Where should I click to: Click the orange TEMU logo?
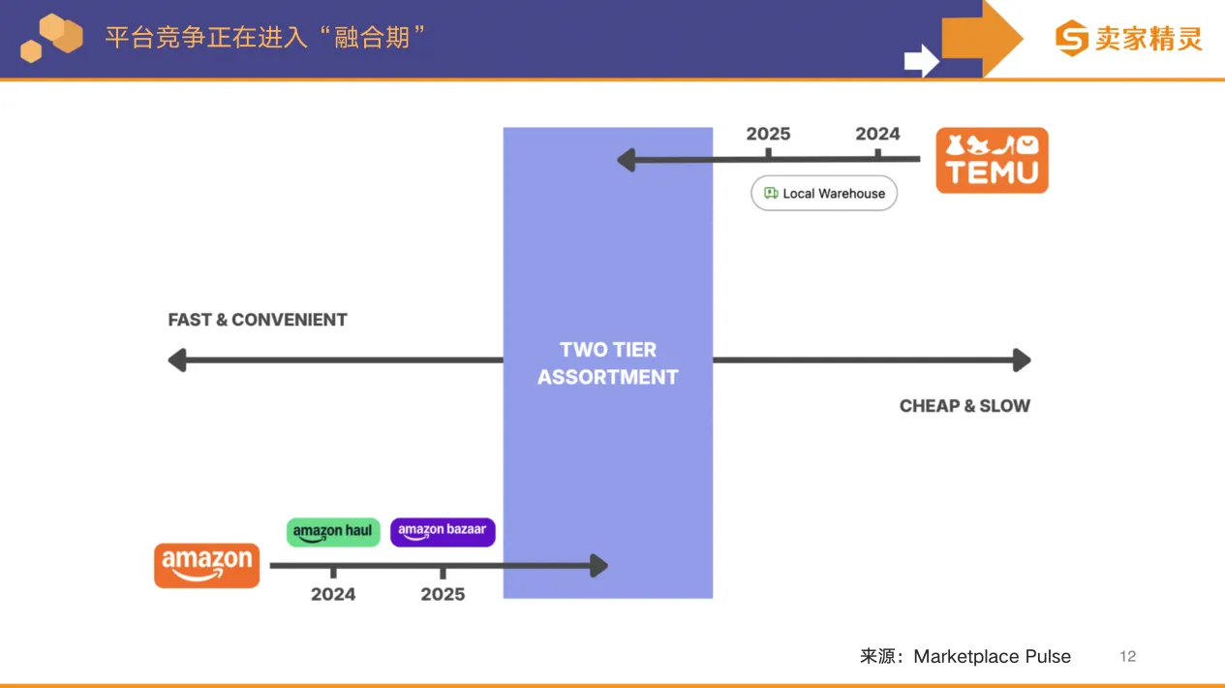coord(992,161)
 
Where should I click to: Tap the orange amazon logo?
coord(206,565)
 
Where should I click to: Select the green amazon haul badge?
coord(333,531)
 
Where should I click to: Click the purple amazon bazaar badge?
coord(443,531)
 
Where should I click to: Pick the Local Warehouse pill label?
coord(824,193)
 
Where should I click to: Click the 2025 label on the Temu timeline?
coord(768,134)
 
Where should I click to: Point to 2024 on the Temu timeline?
coord(877,134)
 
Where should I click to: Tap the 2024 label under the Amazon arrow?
coord(333,594)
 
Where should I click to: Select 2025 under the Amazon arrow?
coord(443,594)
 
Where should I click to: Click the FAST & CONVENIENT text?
coord(258,320)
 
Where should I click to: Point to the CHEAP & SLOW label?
coord(965,406)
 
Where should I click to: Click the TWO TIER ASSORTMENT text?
coord(608,363)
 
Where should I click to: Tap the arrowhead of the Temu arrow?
coord(626,159)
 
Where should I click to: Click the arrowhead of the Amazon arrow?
coord(599,566)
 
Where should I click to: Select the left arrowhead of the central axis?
coord(176,360)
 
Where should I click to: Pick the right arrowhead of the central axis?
coord(1022,360)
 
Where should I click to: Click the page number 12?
coord(1127,656)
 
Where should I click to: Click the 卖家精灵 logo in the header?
coord(1129,39)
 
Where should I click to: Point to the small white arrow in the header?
coord(921,61)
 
